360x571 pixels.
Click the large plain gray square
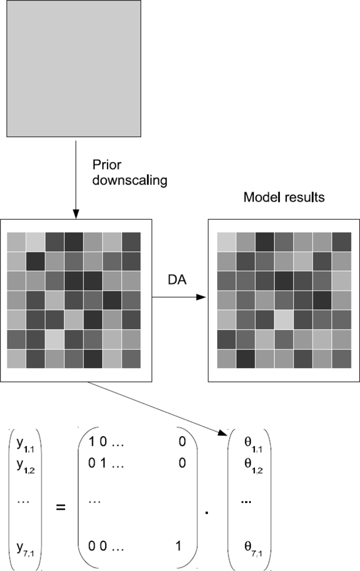coord(73,69)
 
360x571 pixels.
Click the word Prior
coord(104,164)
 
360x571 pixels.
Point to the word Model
coord(257,198)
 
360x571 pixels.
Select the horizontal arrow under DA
coord(177,297)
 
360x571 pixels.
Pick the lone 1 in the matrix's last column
coord(180,546)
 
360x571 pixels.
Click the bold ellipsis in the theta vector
coord(246,501)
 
